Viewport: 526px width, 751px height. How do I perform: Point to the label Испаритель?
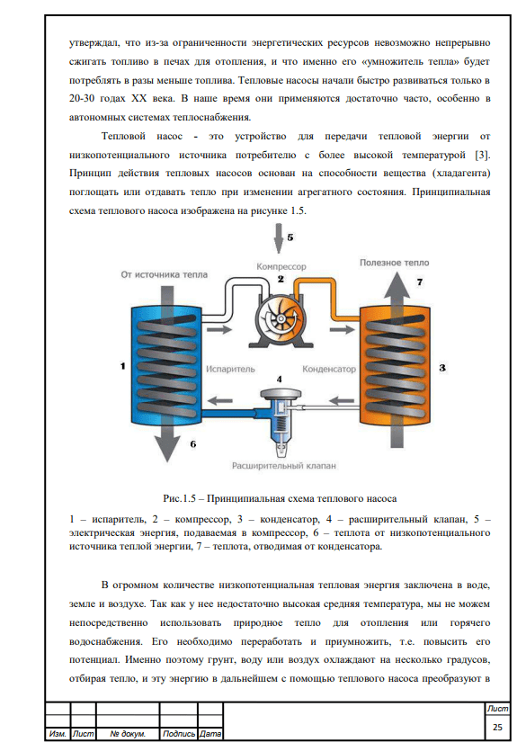pos(230,369)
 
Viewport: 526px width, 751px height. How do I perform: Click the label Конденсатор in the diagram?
pos(330,369)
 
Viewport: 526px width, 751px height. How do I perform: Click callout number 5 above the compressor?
pos(290,239)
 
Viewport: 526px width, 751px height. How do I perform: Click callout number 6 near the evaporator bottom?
pos(192,444)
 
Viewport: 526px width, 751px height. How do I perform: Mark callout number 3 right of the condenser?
pos(441,368)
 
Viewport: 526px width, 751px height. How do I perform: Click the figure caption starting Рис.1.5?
pos(280,497)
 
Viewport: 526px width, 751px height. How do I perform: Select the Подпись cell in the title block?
pos(180,734)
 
